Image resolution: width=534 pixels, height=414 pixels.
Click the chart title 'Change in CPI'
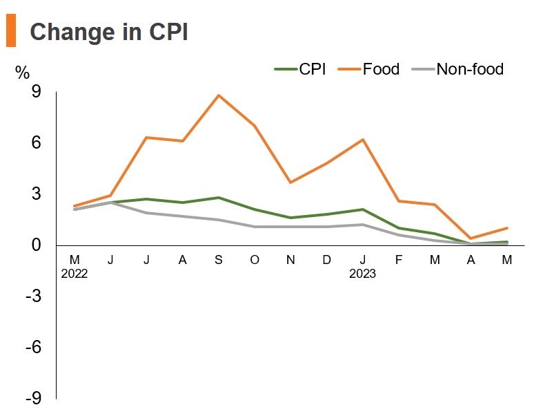pyautogui.click(x=108, y=32)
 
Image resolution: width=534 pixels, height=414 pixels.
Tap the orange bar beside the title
pyautogui.click(x=10, y=32)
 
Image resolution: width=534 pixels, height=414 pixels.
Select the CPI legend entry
pyautogui.click(x=301, y=69)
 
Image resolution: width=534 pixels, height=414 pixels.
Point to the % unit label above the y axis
pyautogui.click(x=23, y=72)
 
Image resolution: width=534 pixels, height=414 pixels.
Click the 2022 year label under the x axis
pyautogui.click(x=75, y=273)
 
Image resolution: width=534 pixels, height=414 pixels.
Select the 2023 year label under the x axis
pyautogui.click(x=362, y=273)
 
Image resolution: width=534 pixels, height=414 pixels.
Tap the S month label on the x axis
pyautogui.click(x=219, y=259)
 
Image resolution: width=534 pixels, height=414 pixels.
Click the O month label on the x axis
pyautogui.click(x=255, y=259)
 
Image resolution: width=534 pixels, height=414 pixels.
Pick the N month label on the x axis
pyautogui.click(x=290, y=259)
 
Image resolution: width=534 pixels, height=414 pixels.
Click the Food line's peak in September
pyautogui.click(x=219, y=95)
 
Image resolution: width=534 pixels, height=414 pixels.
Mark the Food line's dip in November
pyautogui.click(x=290, y=182)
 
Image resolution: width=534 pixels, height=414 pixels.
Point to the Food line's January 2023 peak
pyautogui.click(x=362, y=140)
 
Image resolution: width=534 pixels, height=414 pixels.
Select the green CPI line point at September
pyautogui.click(x=219, y=198)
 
